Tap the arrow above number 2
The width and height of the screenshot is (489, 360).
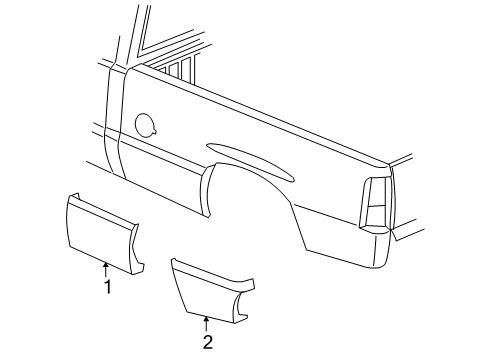tap(207, 322)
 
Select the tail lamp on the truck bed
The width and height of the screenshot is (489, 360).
tap(375, 205)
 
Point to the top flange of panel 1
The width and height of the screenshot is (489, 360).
tap(100, 206)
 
